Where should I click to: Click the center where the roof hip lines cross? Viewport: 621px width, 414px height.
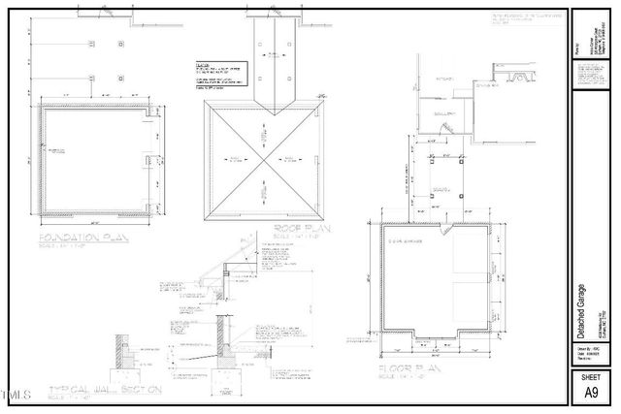tap(261, 159)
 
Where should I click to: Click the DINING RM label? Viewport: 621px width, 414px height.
tap(486, 85)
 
